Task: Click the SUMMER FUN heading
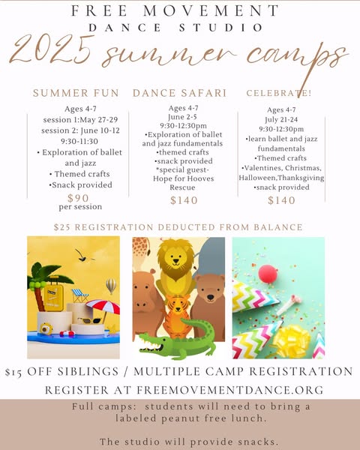(76, 93)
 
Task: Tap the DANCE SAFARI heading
(180, 93)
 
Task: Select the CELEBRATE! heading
(279, 93)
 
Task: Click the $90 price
(78, 198)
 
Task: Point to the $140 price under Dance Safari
(184, 200)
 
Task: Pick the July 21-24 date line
(281, 119)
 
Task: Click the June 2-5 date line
(182, 117)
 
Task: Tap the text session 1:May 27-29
(80, 120)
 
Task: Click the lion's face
(175, 257)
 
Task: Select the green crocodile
(177, 340)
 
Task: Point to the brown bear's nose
(211, 297)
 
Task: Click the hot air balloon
(111, 286)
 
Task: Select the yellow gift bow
(292, 340)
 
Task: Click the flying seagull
(83, 256)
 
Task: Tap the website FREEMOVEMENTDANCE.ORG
(230, 390)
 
